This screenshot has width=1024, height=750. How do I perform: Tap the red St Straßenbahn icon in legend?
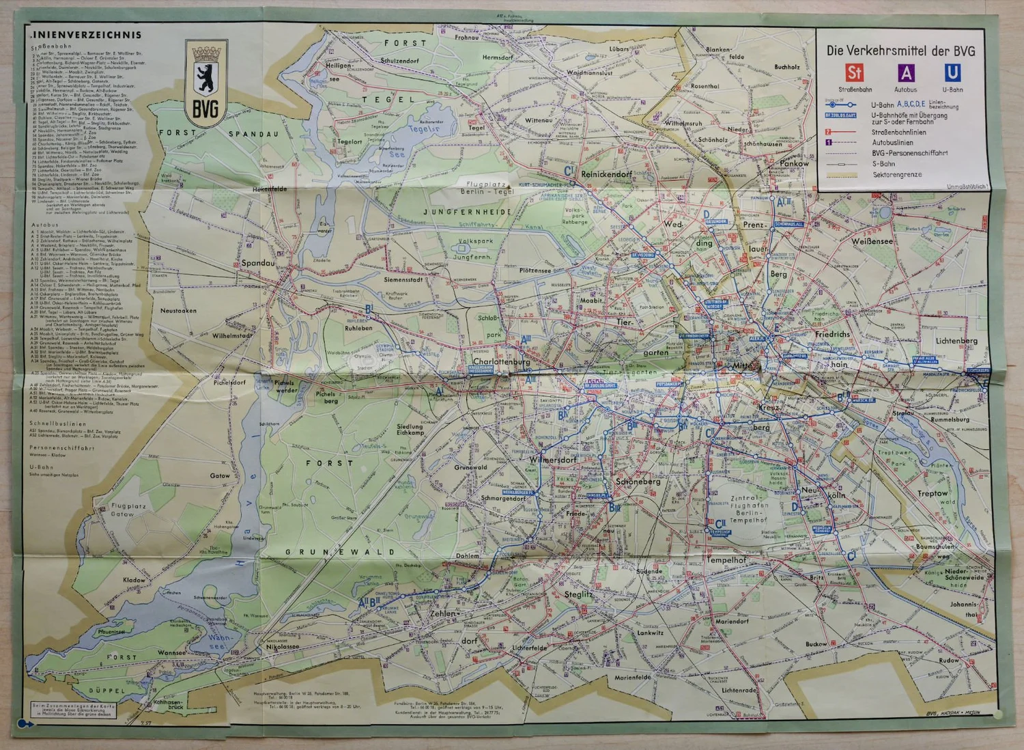[x=854, y=73]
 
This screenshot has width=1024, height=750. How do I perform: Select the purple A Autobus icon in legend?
[x=905, y=73]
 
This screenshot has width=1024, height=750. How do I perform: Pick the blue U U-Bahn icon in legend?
[x=952, y=72]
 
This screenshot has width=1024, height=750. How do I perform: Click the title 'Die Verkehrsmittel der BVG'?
[x=900, y=51]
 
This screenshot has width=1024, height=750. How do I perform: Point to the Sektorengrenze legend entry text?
[x=897, y=175]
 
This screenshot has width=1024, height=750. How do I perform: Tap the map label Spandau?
[x=258, y=263]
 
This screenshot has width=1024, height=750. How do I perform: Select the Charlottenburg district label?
[x=501, y=361]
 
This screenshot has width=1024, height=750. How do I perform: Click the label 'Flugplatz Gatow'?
[x=128, y=510]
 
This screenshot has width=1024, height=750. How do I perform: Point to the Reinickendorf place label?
[x=606, y=174]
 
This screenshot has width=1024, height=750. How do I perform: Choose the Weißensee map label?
[x=872, y=241]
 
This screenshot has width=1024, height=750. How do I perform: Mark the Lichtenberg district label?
[x=956, y=340]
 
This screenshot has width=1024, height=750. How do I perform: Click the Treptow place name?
[x=933, y=492]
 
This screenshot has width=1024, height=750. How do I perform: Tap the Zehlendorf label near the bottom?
[x=443, y=613]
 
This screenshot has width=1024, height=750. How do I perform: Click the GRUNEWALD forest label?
[x=339, y=552]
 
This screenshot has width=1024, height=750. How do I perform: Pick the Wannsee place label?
[x=171, y=652]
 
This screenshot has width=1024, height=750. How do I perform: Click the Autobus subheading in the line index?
[x=44, y=225]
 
